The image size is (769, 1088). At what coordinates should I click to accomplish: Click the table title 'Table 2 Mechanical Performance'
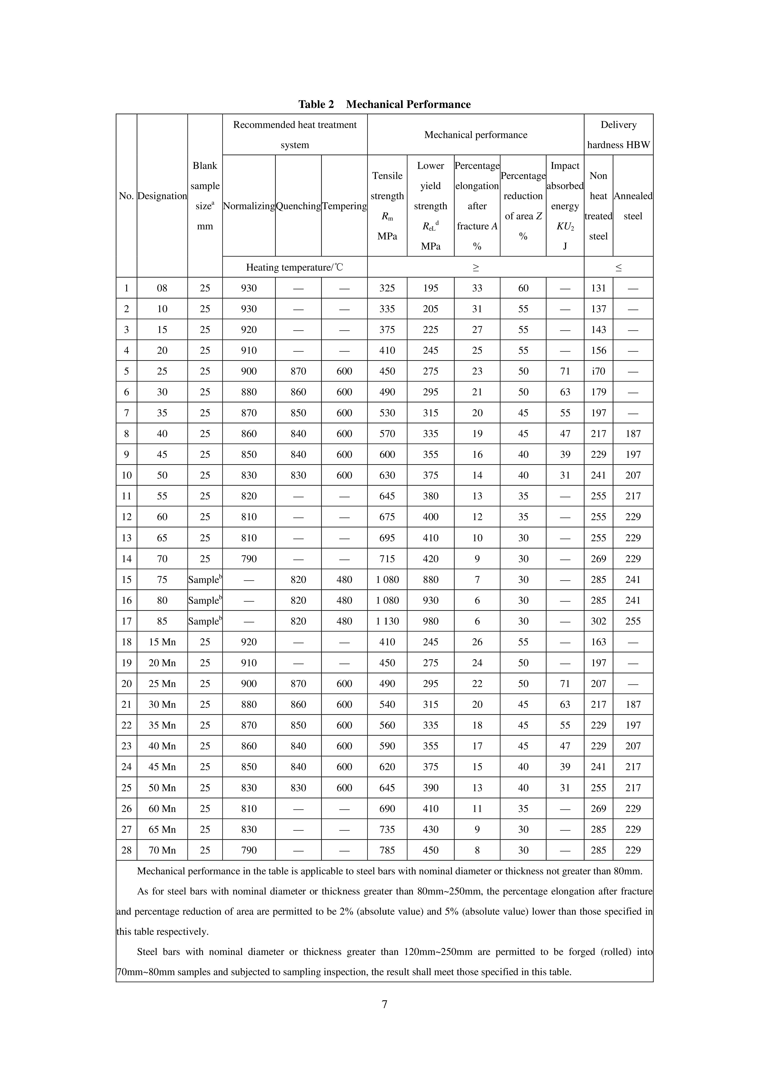pyautogui.click(x=384, y=104)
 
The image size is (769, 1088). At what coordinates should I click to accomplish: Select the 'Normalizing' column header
pyautogui.click(x=249, y=206)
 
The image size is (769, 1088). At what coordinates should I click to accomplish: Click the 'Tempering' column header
pyautogui.click(x=344, y=206)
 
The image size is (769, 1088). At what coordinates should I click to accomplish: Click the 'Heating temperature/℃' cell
pyautogui.click(x=295, y=267)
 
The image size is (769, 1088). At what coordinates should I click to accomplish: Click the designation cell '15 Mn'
pyautogui.click(x=162, y=642)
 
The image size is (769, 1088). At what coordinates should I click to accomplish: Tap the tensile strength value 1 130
pyautogui.click(x=387, y=621)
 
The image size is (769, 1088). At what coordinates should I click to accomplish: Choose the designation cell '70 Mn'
pyautogui.click(x=162, y=850)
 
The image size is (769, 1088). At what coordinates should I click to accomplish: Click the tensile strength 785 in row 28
pyautogui.click(x=387, y=850)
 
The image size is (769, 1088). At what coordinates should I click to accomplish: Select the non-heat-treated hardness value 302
pyautogui.click(x=598, y=621)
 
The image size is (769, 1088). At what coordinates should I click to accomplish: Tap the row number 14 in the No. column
pyautogui.click(x=126, y=559)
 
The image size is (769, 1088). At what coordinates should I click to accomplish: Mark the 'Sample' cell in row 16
pyautogui.click(x=205, y=600)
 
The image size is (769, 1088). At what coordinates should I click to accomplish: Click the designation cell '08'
pyautogui.click(x=162, y=288)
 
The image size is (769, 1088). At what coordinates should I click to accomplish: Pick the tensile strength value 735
pyautogui.click(x=387, y=829)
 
